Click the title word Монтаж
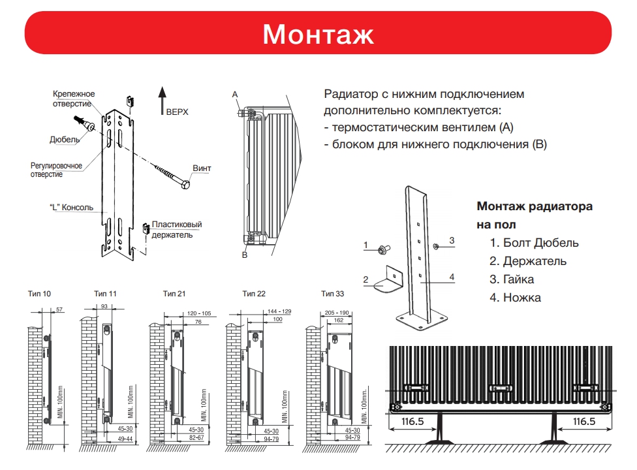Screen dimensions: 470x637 tap(318, 34)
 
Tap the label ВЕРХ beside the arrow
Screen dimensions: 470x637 tap(177, 112)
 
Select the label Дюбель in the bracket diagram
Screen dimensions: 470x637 tap(65, 139)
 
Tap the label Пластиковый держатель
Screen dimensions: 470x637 tap(176, 230)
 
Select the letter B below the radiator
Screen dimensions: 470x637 tap(244, 255)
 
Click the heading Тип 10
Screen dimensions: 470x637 tap(40, 294)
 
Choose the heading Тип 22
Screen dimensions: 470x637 tap(253, 294)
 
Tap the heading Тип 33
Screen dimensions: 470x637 tap(332, 294)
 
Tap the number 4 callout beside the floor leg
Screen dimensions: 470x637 tap(451, 277)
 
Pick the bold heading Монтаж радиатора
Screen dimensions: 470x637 tap(535, 206)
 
